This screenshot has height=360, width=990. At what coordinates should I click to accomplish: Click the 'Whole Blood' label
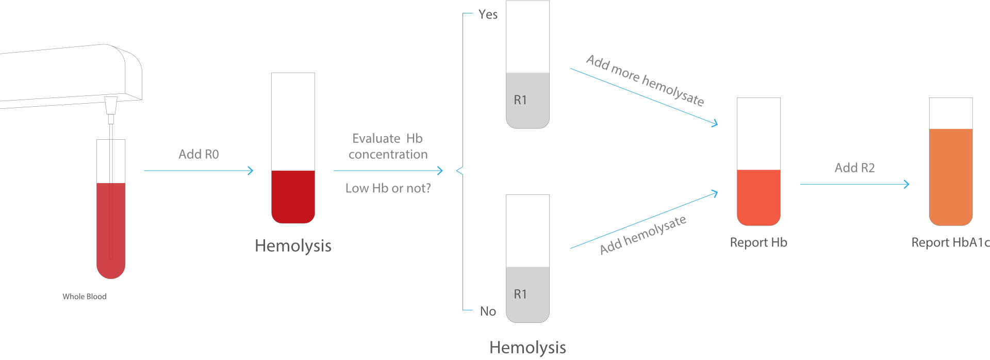pyautogui.click(x=85, y=297)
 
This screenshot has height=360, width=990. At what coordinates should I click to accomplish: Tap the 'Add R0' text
pyautogui.click(x=199, y=154)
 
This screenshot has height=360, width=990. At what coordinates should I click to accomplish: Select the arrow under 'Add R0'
pyautogui.click(x=199, y=171)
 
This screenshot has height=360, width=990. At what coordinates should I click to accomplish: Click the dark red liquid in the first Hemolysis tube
pyautogui.click(x=293, y=197)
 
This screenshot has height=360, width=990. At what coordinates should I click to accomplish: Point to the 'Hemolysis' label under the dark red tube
pyautogui.click(x=293, y=246)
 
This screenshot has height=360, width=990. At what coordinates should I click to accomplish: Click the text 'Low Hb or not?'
pyautogui.click(x=388, y=188)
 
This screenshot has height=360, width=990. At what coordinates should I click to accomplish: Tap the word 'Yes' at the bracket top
pyautogui.click(x=488, y=14)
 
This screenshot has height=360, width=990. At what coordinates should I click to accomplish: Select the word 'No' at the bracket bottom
pyautogui.click(x=488, y=311)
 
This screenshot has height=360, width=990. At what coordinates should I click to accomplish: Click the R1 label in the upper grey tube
pyautogui.click(x=520, y=100)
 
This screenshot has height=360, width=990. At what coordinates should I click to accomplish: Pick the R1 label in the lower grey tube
pyautogui.click(x=520, y=294)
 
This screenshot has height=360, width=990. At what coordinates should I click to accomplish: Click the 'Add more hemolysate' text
pyautogui.click(x=645, y=80)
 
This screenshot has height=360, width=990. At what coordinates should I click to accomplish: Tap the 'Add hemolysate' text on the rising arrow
pyautogui.click(x=643, y=235)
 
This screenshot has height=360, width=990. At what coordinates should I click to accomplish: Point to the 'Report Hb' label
pyautogui.click(x=758, y=242)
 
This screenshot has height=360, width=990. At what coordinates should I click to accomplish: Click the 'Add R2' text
pyautogui.click(x=854, y=168)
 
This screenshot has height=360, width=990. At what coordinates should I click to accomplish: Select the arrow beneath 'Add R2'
pyautogui.click(x=854, y=184)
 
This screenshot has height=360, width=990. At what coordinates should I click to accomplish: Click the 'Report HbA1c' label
pyautogui.click(x=950, y=242)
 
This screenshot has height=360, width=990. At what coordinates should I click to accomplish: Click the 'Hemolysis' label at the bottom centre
pyautogui.click(x=527, y=348)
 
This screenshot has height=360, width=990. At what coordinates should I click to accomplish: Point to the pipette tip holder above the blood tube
pyautogui.click(x=110, y=105)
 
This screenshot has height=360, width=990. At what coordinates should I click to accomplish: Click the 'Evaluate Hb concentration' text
pyautogui.click(x=388, y=146)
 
